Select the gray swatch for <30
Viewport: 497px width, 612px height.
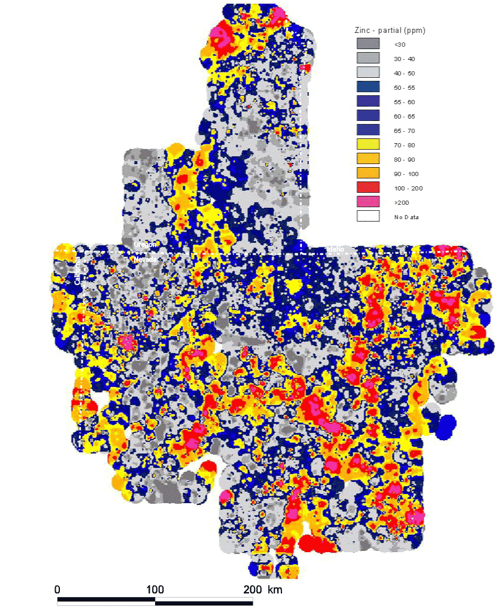368,44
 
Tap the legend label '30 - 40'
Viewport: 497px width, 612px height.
404,59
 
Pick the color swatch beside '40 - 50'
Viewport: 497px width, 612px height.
368,72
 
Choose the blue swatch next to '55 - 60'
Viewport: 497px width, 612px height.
368,101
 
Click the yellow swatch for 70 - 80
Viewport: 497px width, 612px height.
368,144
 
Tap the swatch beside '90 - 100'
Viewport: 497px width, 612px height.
368,173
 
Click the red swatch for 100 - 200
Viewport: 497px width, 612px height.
368,187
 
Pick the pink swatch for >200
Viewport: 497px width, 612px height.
368,202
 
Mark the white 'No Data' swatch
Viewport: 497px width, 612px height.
368,216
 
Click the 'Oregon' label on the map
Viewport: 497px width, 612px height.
145,245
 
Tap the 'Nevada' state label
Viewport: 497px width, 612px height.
144,259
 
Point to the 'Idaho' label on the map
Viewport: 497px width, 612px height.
335,249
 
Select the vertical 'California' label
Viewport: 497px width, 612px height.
77,271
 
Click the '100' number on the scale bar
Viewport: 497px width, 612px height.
155,589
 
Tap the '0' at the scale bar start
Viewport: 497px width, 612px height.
57,589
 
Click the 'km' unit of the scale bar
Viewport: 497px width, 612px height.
275,589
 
